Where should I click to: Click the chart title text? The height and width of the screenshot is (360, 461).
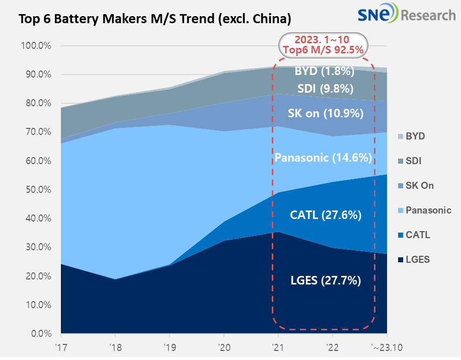click(155, 20)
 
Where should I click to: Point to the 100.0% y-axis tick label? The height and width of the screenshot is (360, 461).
click(36, 46)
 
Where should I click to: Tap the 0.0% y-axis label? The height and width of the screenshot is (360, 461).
click(40, 334)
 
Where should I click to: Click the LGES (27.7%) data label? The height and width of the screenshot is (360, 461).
click(326, 280)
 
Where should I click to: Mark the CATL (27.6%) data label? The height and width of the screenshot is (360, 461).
click(325, 215)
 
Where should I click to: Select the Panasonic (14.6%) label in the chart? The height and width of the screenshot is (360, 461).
click(323, 158)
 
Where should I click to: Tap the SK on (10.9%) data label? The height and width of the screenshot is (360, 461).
click(326, 113)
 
